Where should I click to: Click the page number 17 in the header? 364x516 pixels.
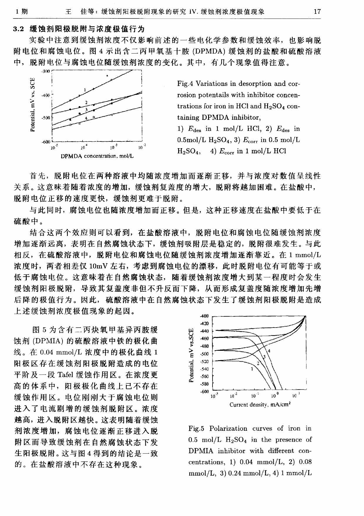[317, 12]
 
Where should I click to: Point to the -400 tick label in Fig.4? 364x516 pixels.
[46, 96]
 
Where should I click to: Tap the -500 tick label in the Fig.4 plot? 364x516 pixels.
[46, 118]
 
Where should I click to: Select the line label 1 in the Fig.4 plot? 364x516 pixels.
[85, 90]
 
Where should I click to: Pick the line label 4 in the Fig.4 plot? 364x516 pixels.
[86, 118]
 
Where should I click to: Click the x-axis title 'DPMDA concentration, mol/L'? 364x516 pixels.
[97, 156]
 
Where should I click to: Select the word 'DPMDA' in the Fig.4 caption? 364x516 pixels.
[216, 118]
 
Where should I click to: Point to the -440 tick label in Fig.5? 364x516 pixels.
[204, 331]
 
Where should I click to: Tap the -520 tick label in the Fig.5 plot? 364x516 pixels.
[204, 361]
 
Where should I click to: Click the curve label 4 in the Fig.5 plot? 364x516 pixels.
[269, 351]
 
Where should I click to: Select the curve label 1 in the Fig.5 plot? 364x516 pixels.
[252, 369]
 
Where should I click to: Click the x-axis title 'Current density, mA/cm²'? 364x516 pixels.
[260, 405]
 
